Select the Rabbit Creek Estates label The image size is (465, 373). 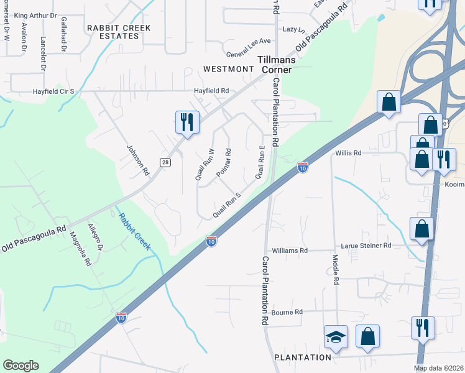coord(113,32)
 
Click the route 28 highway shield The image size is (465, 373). coord(165,162)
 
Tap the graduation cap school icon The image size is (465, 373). coord(336,337)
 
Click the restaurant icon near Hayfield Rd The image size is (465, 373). coord(187,121)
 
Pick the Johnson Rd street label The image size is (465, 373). coord(139,160)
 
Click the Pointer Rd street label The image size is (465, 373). coord(224,162)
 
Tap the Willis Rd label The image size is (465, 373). coord(348,152)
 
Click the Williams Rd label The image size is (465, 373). coord(290,251)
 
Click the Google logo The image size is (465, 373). coord(21,366)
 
